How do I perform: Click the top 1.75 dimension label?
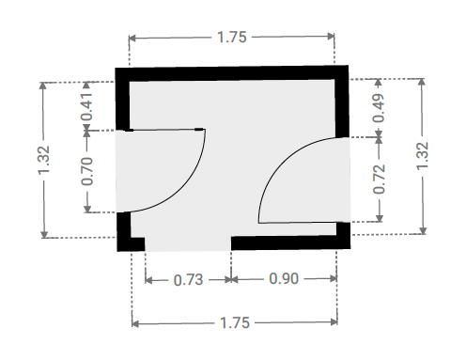point(232,38)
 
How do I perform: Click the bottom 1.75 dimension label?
point(235,322)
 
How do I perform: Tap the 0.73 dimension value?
point(188,280)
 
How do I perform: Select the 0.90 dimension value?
point(284,278)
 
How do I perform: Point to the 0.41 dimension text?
point(86,106)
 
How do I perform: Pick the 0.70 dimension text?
point(87,171)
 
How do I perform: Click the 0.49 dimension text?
point(379,108)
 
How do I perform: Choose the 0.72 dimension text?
point(379,180)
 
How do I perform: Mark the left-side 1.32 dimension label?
point(43,160)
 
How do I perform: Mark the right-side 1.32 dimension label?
point(422,156)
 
